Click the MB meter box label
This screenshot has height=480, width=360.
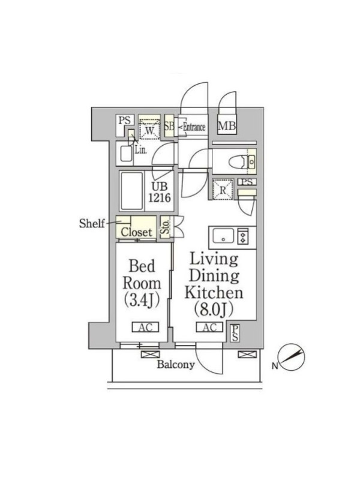pos(227,125)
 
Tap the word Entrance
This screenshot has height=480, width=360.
pos(194,127)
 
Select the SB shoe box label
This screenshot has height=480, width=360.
pos(169,125)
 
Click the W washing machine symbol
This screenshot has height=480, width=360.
pos(149,129)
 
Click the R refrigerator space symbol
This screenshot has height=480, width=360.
pos(223,190)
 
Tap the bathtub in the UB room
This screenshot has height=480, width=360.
pos(131,191)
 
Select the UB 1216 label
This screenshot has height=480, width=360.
pos(160,193)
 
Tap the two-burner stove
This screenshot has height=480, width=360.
pos(243,236)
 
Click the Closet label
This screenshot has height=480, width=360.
pos(136,232)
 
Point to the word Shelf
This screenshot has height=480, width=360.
pos(92,223)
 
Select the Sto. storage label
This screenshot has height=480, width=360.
pos(165,227)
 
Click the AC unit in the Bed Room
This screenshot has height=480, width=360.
pos(145,327)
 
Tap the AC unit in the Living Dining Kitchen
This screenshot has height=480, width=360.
pos(209,327)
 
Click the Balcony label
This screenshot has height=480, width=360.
pos(176,364)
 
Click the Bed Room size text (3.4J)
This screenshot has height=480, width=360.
pos(142,300)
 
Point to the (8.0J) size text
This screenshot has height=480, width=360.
pos(214,309)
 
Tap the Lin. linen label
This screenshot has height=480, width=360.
pos(141,150)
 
